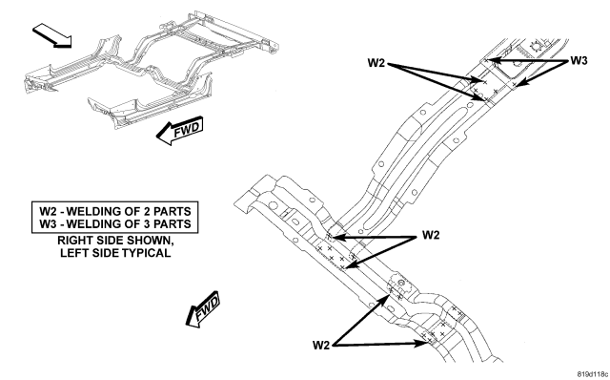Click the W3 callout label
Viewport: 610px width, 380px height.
pyautogui.click(x=579, y=60)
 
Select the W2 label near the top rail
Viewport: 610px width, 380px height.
pyautogui.click(x=376, y=63)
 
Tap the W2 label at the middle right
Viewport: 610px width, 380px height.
pyautogui.click(x=431, y=235)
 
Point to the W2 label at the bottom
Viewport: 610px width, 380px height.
pyautogui.click(x=321, y=345)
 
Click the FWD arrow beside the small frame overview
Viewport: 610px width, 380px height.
pyautogui.click(x=180, y=130)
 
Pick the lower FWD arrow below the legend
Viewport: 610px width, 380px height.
pyautogui.click(x=203, y=309)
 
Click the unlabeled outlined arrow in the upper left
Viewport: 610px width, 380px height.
pyautogui.click(x=52, y=35)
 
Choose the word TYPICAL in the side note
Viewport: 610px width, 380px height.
pyautogui.click(x=146, y=253)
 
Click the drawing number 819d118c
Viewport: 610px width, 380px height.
pyautogui.click(x=592, y=374)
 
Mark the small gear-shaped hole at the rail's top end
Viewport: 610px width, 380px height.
pyautogui.click(x=536, y=46)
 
